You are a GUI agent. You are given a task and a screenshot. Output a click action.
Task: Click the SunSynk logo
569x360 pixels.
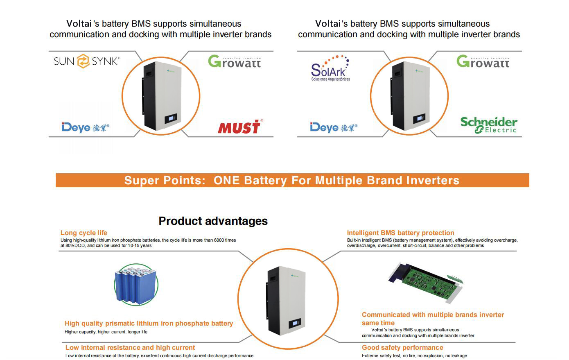click(87, 61)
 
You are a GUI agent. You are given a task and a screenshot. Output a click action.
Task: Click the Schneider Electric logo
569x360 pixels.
click(489, 125)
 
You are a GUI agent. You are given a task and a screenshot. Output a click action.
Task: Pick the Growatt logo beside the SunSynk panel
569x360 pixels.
click(235, 61)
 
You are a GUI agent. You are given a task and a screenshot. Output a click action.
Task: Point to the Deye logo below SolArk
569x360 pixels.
click(334, 127)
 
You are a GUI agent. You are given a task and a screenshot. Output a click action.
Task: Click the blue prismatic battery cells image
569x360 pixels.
click(136, 285)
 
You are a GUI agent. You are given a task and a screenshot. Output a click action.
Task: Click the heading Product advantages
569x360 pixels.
click(213, 221)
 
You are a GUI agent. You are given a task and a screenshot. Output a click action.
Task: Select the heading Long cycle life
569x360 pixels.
click(84, 233)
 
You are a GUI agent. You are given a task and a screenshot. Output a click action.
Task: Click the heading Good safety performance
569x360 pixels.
click(402, 347)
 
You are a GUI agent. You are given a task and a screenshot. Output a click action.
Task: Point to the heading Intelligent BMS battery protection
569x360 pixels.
click(401, 233)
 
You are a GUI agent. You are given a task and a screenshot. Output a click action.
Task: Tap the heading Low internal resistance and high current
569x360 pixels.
click(130, 347)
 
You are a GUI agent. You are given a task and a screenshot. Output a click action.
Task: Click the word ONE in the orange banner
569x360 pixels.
click(226, 180)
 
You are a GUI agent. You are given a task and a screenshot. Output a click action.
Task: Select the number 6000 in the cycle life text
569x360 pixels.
click(219, 240)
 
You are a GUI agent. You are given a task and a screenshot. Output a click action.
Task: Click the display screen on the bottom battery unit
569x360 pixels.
click(295, 324)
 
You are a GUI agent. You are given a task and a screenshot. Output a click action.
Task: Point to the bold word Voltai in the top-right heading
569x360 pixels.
click(327, 24)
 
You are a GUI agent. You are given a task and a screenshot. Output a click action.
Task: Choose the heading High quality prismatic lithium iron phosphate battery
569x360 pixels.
click(149, 323)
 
